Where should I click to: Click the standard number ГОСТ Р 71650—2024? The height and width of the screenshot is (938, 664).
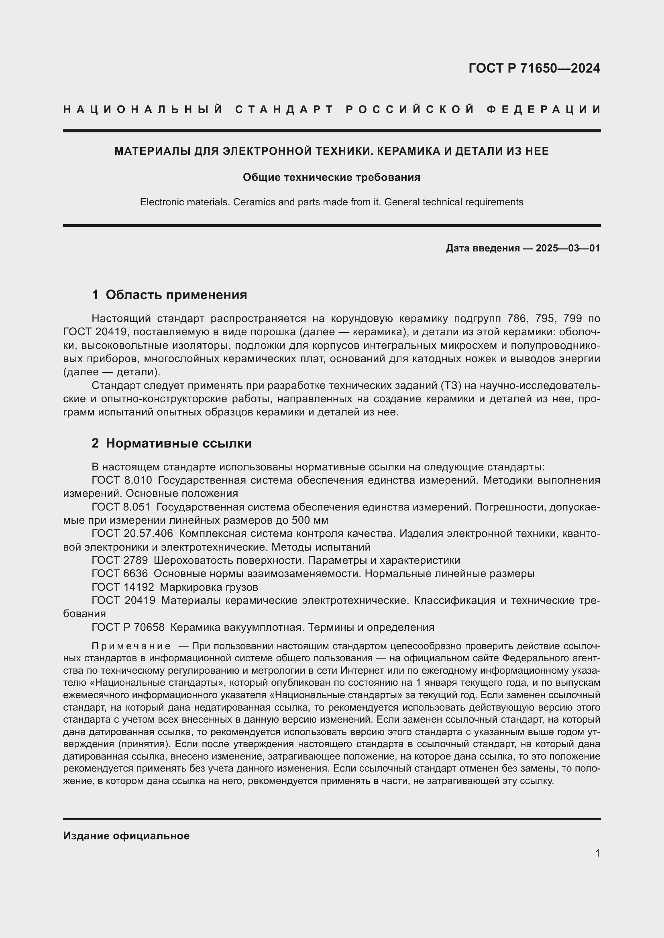pos(534,68)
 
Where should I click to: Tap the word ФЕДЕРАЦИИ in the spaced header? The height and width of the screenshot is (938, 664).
pos(544,109)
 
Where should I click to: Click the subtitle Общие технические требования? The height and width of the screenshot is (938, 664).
pos(332,177)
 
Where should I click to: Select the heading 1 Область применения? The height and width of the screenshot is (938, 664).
pos(169,295)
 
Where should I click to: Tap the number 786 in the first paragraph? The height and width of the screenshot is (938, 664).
pos(517,319)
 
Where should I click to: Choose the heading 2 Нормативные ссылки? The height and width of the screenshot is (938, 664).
pos(172,443)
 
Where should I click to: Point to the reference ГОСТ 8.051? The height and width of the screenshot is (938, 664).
pos(121,507)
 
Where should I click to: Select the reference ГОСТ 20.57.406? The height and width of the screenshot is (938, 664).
pos(132,533)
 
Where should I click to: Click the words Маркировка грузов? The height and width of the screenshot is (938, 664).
pos(209,587)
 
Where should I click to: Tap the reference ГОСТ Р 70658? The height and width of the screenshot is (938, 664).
pos(128,627)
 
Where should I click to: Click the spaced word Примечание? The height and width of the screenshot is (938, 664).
pos(131,646)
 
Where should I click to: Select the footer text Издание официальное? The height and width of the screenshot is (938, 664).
pos(126,835)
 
